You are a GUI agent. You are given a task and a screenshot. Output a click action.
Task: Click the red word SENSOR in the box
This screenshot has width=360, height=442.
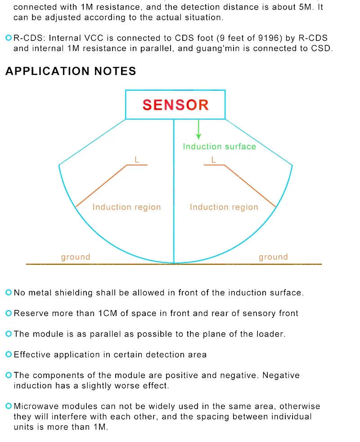point(175,105)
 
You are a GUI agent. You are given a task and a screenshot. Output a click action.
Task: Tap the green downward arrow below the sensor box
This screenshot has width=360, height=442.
point(198,129)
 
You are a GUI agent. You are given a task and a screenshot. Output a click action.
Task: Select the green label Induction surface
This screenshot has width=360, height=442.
point(220,147)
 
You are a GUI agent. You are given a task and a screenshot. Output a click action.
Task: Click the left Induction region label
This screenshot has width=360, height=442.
point(127,207)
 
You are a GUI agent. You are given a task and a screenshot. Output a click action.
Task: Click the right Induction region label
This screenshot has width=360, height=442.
point(224,207)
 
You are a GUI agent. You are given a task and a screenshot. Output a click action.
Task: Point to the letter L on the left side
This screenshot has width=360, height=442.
point(137,160)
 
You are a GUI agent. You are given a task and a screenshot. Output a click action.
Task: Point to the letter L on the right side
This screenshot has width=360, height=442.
point(214,160)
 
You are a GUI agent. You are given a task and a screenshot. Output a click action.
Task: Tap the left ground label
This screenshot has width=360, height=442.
point(76,257)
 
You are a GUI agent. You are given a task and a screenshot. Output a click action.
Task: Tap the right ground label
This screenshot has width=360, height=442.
point(274,257)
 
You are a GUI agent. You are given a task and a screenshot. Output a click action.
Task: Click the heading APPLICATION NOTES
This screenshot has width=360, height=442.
point(71,71)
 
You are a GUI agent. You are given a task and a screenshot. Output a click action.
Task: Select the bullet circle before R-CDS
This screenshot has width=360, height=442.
point(9,38)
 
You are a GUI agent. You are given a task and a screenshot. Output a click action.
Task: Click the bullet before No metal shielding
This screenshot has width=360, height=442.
point(9,292)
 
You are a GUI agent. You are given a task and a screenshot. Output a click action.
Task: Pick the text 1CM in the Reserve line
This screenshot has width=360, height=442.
point(108,313)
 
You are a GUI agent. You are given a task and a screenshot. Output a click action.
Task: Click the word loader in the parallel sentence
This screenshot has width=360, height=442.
point(271,334)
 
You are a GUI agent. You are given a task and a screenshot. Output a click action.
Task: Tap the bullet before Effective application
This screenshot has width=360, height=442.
point(9,354)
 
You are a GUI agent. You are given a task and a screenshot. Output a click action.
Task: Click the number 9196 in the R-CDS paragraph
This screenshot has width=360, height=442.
point(268,38)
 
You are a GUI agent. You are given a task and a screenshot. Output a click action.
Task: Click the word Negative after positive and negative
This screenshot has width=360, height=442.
point(281,375)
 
